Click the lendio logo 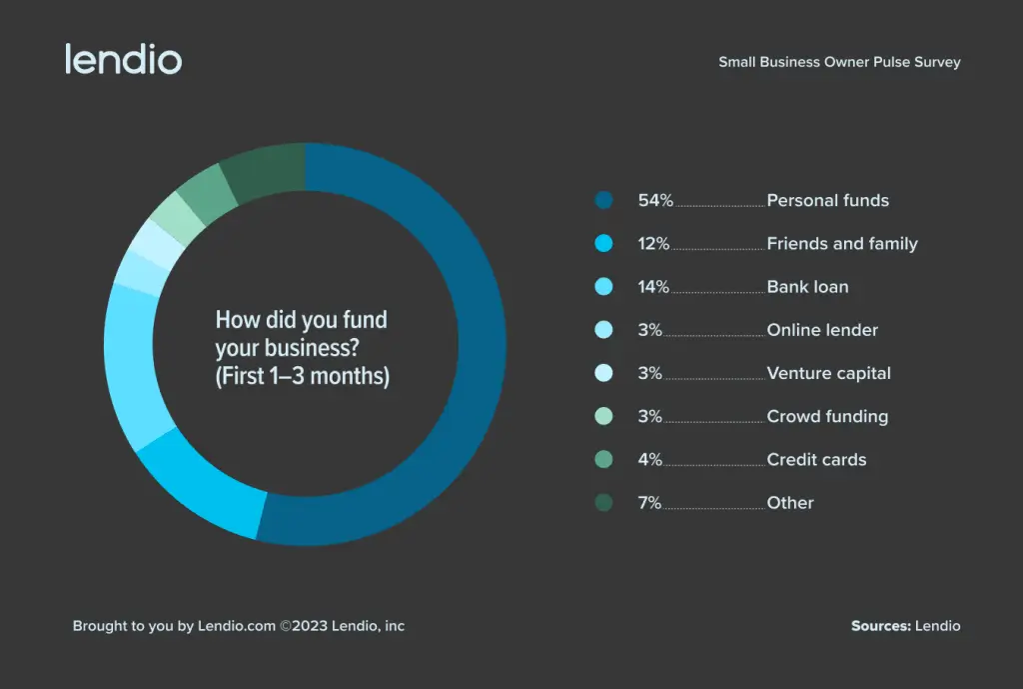point(123,59)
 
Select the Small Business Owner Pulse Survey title point(839,62)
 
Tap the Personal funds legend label point(827,200)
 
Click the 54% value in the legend point(655,200)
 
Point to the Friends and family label point(841,243)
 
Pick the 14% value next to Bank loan point(653,287)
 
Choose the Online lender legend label point(822,330)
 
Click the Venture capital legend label point(828,373)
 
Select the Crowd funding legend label point(827,416)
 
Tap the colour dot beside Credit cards point(602,460)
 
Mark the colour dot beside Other point(602,503)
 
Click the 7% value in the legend point(649,503)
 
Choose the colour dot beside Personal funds point(602,200)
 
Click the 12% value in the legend point(653,243)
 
